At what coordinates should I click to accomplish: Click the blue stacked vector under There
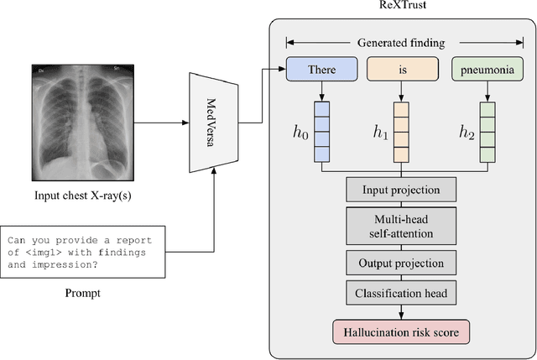coord(322,131)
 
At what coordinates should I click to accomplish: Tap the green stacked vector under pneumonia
coord(487,131)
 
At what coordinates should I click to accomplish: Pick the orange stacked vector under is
coord(401,131)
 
